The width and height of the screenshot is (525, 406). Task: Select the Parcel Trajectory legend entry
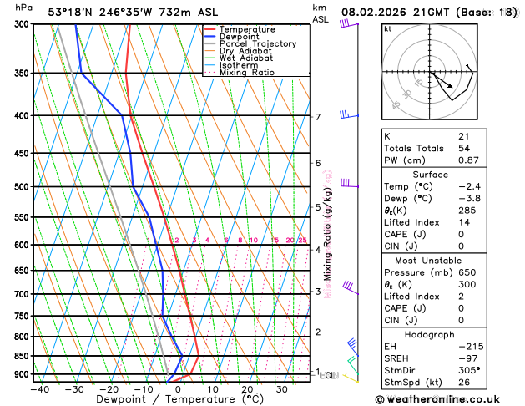[x=257, y=44]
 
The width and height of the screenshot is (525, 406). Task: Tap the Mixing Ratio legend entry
[x=246, y=73]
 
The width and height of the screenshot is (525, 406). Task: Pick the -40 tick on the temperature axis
[x=37, y=389]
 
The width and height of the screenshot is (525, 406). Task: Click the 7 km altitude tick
[x=317, y=117]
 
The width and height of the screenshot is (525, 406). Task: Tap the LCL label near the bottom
[x=328, y=376]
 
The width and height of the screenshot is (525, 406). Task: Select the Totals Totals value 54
[x=464, y=148]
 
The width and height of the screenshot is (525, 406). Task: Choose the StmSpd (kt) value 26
[x=464, y=383]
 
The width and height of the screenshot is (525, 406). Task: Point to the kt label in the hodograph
[x=387, y=29]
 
